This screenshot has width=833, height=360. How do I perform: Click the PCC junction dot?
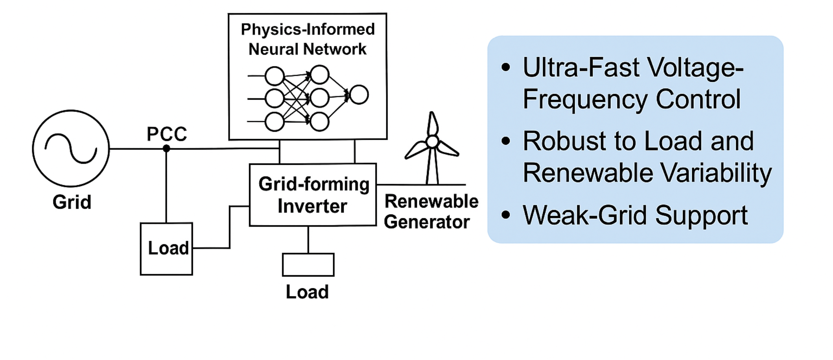point(166,149)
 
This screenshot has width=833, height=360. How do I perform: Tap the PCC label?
point(167,134)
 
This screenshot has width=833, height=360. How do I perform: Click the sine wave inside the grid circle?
point(71,148)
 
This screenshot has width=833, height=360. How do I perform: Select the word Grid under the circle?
point(72,202)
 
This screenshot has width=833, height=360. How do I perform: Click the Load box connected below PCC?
point(166,249)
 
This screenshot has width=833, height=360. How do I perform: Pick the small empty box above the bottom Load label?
point(308,265)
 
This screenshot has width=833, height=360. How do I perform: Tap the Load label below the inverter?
point(307,292)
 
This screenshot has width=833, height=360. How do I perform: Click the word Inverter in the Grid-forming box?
point(312,206)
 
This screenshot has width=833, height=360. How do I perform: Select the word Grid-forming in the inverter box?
point(314,184)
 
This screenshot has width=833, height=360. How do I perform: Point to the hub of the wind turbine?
point(432,142)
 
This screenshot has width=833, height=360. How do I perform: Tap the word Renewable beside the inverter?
point(431,201)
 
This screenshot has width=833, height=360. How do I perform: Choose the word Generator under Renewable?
point(427,222)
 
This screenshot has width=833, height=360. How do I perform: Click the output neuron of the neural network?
point(359,95)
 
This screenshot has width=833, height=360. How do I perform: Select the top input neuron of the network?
point(275,76)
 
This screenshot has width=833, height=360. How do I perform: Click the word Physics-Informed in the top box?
point(308,30)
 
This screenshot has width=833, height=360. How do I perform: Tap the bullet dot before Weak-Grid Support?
point(506,215)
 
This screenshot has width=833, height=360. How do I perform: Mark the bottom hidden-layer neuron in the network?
point(319,122)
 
